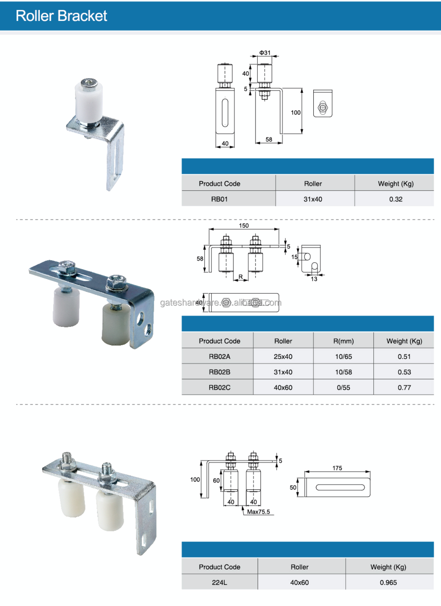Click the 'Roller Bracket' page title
click(x=61, y=16)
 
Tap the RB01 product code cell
click(x=219, y=199)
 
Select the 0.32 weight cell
click(x=396, y=199)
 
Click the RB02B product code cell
click(x=219, y=372)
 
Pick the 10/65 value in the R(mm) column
click(x=344, y=357)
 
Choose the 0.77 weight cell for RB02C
click(x=404, y=388)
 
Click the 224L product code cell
click(x=219, y=583)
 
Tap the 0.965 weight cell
click(x=388, y=583)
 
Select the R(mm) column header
click(x=344, y=341)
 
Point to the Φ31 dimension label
click(x=264, y=53)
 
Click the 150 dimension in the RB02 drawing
click(x=244, y=226)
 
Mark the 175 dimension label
click(x=337, y=468)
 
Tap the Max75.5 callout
click(x=258, y=512)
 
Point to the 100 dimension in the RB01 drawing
click(x=296, y=113)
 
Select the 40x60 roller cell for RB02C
click(x=283, y=388)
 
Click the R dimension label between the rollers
click(x=241, y=277)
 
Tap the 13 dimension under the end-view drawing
click(x=314, y=279)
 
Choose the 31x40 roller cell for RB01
click(x=313, y=199)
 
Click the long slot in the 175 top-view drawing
click(x=340, y=487)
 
